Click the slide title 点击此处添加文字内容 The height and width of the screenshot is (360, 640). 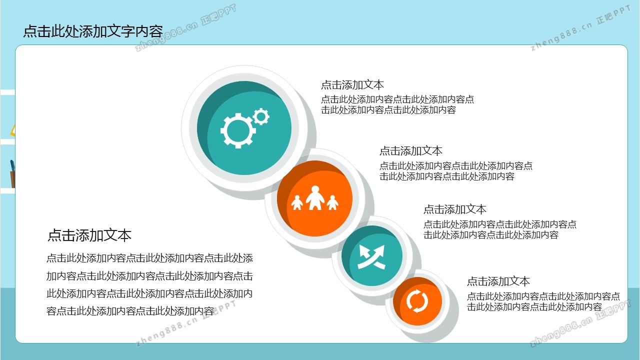[93, 31]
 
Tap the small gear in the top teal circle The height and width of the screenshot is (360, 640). [261, 116]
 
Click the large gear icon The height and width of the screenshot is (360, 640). [237, 130]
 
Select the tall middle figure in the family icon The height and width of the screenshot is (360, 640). [315, 197]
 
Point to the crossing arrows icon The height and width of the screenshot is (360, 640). [371, 256]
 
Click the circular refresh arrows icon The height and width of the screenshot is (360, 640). [417, 301]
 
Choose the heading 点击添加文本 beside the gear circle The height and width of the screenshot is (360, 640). [352, 85]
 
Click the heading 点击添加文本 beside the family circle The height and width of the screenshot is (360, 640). [411, 151]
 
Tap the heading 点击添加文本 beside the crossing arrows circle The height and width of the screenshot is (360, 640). [455, 209]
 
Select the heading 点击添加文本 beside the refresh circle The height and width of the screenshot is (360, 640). [498, 281]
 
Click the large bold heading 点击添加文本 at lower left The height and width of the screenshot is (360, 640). [89, 235]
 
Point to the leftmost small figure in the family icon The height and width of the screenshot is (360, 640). [297, 202]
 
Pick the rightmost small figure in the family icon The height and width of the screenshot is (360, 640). [332, 202]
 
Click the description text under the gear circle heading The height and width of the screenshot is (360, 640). [397, 104]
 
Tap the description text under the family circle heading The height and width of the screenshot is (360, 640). [456, 171]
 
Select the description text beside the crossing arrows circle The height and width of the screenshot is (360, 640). [500, 229]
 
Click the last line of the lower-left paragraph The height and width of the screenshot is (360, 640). [130, 311]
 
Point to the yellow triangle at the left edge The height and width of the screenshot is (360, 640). [12, 130]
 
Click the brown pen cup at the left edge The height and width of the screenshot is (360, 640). [12, 179]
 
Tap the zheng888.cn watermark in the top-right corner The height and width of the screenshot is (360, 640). [580, 28]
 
